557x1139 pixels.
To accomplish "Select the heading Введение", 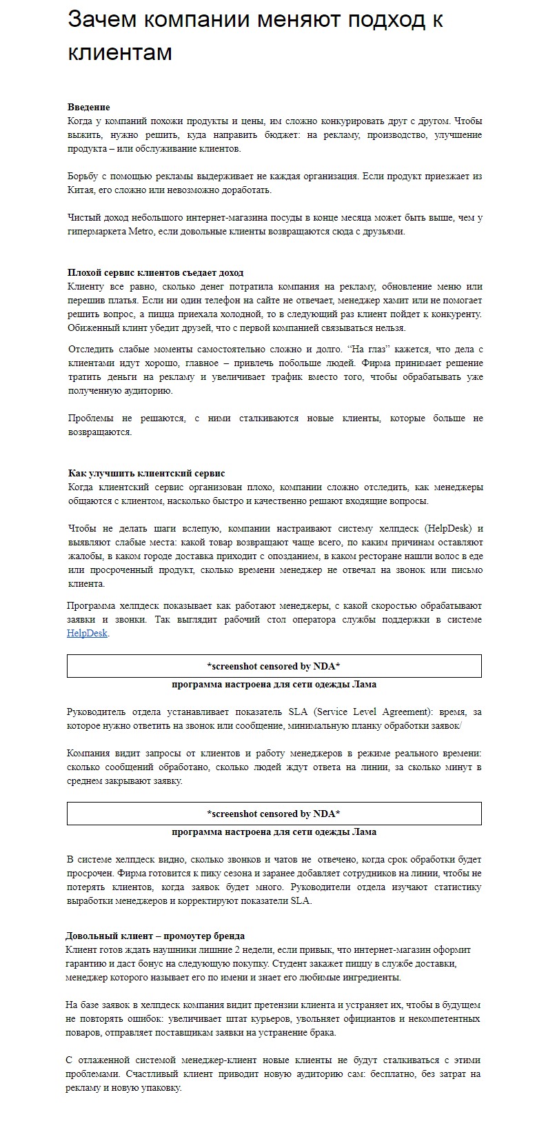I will [88, 108].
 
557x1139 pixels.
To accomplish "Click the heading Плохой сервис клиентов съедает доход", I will [155, 273].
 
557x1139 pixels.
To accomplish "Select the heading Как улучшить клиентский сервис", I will [146, 474].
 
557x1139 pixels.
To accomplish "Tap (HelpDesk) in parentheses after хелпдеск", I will [447, 529].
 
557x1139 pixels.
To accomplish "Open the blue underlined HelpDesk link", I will [87, 634].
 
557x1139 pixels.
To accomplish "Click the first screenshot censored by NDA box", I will [274, 666].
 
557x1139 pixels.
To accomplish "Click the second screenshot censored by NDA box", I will [274, 814].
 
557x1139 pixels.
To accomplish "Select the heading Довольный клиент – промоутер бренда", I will [155, 936].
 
